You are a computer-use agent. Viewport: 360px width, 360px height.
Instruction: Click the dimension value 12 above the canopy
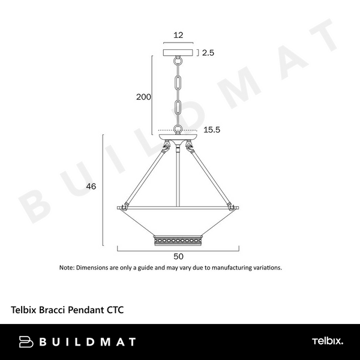tap(178, 35)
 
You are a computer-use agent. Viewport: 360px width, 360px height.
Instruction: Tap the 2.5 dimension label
tap(208, 53)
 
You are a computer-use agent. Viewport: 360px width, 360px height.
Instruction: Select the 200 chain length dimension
tap(143, 97)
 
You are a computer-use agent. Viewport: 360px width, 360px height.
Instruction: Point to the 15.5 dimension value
tap(212, 130)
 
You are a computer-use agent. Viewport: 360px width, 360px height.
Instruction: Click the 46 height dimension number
tap(91, 187)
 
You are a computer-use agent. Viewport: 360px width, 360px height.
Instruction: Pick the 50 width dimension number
tap(178, 255)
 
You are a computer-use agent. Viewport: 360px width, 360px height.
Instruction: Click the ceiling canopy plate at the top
tap(178, 53)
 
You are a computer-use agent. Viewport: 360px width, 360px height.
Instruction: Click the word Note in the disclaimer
tap(66, 268)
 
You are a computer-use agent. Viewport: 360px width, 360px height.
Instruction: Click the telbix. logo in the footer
tap(327, 341)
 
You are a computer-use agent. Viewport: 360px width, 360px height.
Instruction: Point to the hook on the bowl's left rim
tap(123, 206)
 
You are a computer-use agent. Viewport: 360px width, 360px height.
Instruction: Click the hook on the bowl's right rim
tap(233, 206)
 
